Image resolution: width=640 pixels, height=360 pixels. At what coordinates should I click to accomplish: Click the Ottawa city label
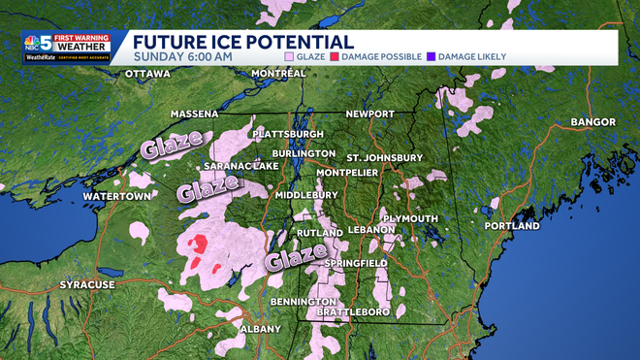pos(147,74)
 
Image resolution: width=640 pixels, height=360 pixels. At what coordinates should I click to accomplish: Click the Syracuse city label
pos(87,284)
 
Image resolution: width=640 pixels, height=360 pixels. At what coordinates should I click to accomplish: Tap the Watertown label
pos(117,196)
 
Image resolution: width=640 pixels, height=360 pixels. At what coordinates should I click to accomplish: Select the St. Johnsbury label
pos(385,157)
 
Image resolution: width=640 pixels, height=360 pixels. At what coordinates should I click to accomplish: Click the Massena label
pos(194,114)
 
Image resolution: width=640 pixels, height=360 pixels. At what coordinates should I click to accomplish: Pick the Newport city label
pos(369,114)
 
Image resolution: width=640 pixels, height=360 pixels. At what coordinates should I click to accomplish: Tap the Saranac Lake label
pos(240,166)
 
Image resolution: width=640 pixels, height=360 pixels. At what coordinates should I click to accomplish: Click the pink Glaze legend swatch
pos(290,57)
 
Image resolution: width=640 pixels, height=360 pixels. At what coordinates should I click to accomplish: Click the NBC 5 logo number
pos(44,41)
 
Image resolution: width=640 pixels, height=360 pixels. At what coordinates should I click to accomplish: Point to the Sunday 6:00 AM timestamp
pos(182,57)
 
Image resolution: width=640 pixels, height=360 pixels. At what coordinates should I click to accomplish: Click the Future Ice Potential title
pos(242,42)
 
